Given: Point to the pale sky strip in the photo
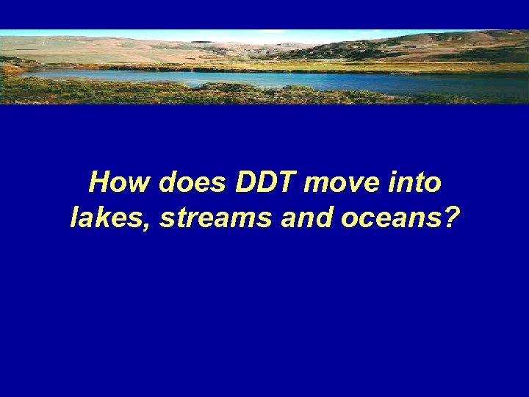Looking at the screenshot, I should pos(220,34).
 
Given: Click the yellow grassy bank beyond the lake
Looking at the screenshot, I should pos(331,65).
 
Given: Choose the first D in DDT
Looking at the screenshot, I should pos(245,182).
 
